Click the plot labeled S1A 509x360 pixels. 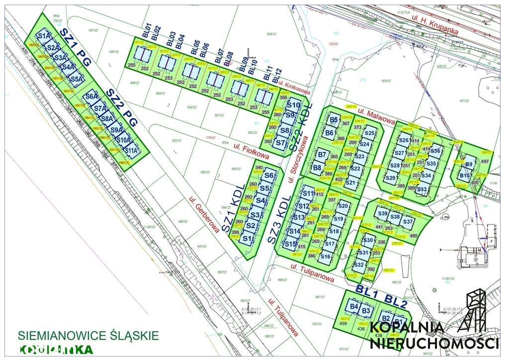pyautogui.click(x=44, y=36)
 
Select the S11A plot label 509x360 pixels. pyautogui.click(x=131, y=150)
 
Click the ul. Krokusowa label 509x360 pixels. pyautogui.click(x=294, y=88)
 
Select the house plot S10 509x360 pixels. pyautogui.click(x=293, y=105)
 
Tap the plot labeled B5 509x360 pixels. pyautogui.click(x=334, y=119)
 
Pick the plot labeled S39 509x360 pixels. pyautogui.click(x=382, y=214)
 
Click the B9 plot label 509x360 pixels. pyautogui.click(x=469, y=165)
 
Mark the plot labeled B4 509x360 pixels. pyautogui.click(x=354, y=306)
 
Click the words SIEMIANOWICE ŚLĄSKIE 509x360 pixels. pyautogui.click(x=88, y=335)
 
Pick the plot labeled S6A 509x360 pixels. pyautogui.click(x=91, y=96)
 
